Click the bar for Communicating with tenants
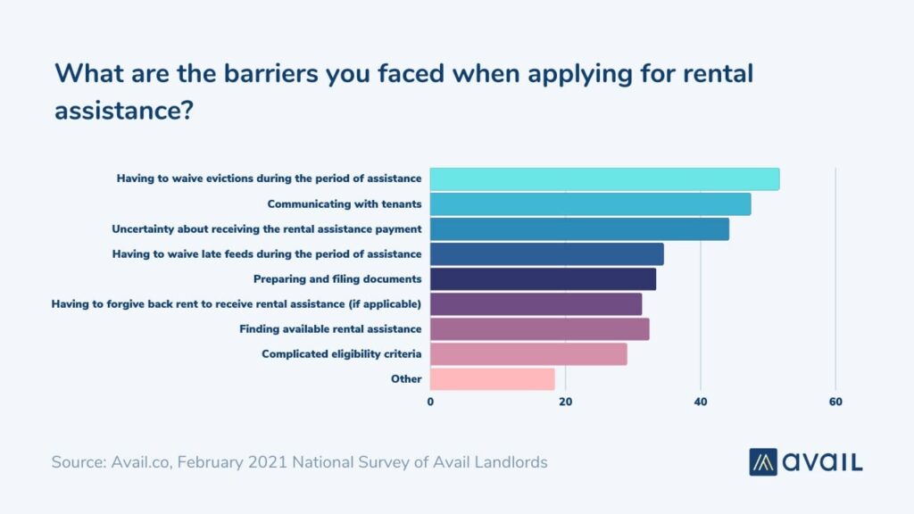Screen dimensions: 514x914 [590, 204]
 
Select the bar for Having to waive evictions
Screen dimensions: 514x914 [604, 179]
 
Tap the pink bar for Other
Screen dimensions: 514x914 [492, 379]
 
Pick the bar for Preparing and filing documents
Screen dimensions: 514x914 [543, 279]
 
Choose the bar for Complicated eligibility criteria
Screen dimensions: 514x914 [528, 354]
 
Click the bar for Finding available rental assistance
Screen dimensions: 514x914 [539, 329]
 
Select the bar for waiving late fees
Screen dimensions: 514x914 [546, 254]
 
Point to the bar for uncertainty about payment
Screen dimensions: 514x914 [579, 229]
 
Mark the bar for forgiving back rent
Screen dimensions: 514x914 [536, 304]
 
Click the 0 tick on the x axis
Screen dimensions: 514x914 [430, 402]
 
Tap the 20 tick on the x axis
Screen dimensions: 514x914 [565, 402]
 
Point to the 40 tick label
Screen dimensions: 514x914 [701, 402]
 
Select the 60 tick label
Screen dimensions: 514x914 [835, 402]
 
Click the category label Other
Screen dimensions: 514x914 [406, 379]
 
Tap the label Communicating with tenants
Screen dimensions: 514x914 [344, 204]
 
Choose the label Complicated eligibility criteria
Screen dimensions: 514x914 [341, 354]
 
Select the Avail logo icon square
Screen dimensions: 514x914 [763, 461]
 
